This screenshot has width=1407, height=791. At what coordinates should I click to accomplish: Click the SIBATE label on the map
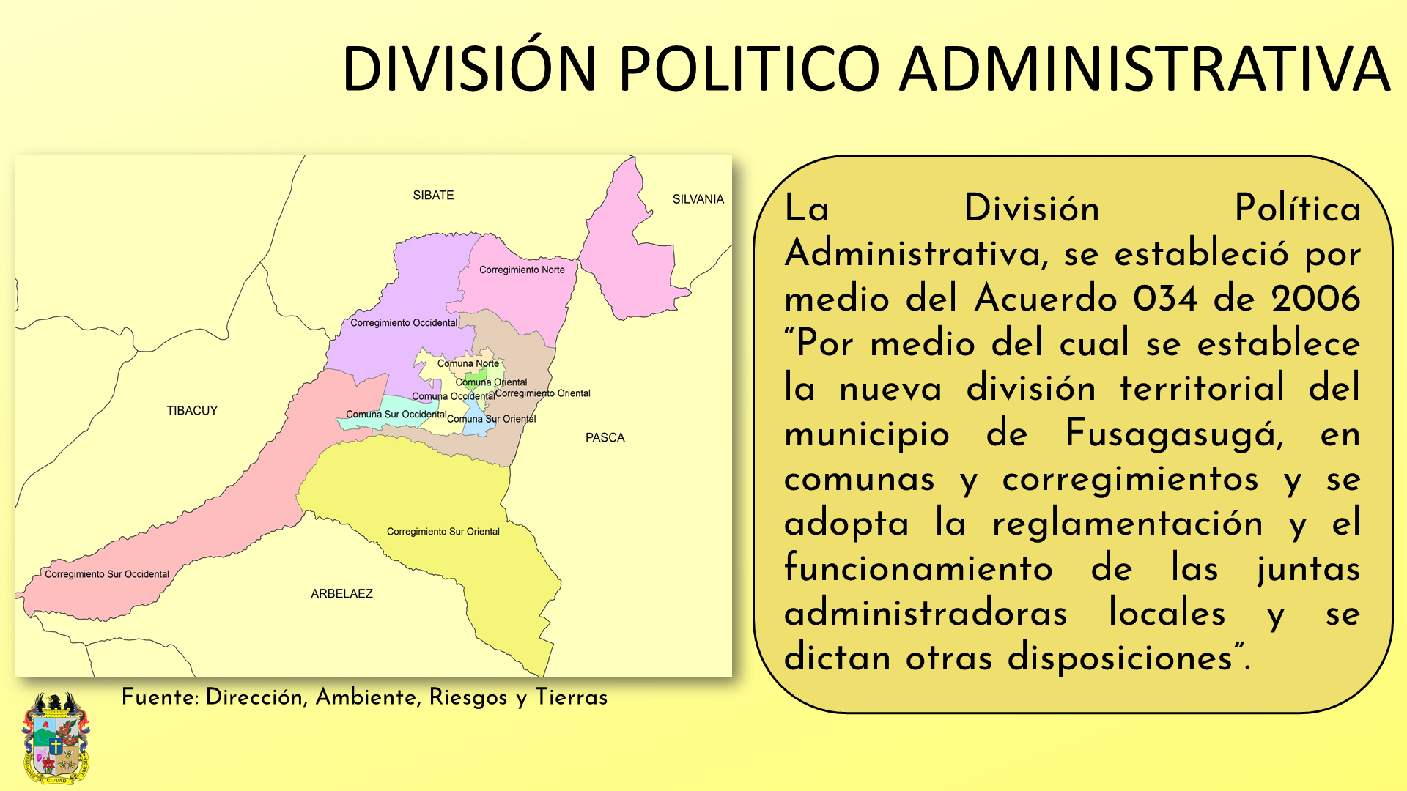[x=433, y=196]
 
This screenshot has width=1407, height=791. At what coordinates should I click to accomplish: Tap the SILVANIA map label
[x=698, y=199]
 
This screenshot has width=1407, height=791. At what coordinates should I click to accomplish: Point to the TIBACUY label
[x=192, y=411]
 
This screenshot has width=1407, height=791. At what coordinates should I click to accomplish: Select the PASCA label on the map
[x=605, y=438]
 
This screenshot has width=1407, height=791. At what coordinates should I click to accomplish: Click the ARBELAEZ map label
[x=341, y=594]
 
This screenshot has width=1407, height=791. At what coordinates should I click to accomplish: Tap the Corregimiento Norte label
[x=522, y=270]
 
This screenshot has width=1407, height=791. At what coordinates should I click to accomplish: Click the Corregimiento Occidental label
[x=404, y=323]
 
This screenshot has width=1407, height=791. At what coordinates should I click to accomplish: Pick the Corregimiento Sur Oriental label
[x=443, y=532]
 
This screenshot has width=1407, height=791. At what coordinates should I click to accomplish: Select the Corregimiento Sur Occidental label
[x=107, y=574]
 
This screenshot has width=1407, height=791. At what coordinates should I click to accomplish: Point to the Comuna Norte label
[x=468, y=363]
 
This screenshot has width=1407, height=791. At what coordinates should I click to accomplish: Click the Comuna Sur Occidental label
[x=396, y=415]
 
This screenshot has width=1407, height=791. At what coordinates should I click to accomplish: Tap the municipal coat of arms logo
[x=56, y=738]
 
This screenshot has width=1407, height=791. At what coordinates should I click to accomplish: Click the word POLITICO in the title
[x=749, y=69]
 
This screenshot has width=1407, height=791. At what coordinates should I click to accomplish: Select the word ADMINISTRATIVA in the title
[x=1145, y=69]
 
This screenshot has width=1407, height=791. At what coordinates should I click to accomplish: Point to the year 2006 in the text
[x=1315, y=299]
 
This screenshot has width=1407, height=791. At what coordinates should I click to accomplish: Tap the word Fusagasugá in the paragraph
[x=1175, y=434]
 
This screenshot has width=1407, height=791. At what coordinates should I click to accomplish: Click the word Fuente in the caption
[x=158, y=697]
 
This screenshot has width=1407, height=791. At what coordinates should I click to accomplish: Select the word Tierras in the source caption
[x=572, y=697]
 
